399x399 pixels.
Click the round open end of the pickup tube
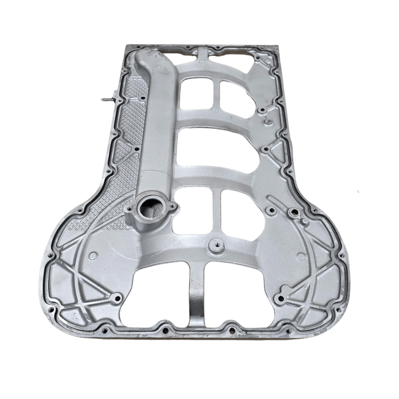tap(151, 207)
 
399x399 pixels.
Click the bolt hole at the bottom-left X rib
tap(117, 297)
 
